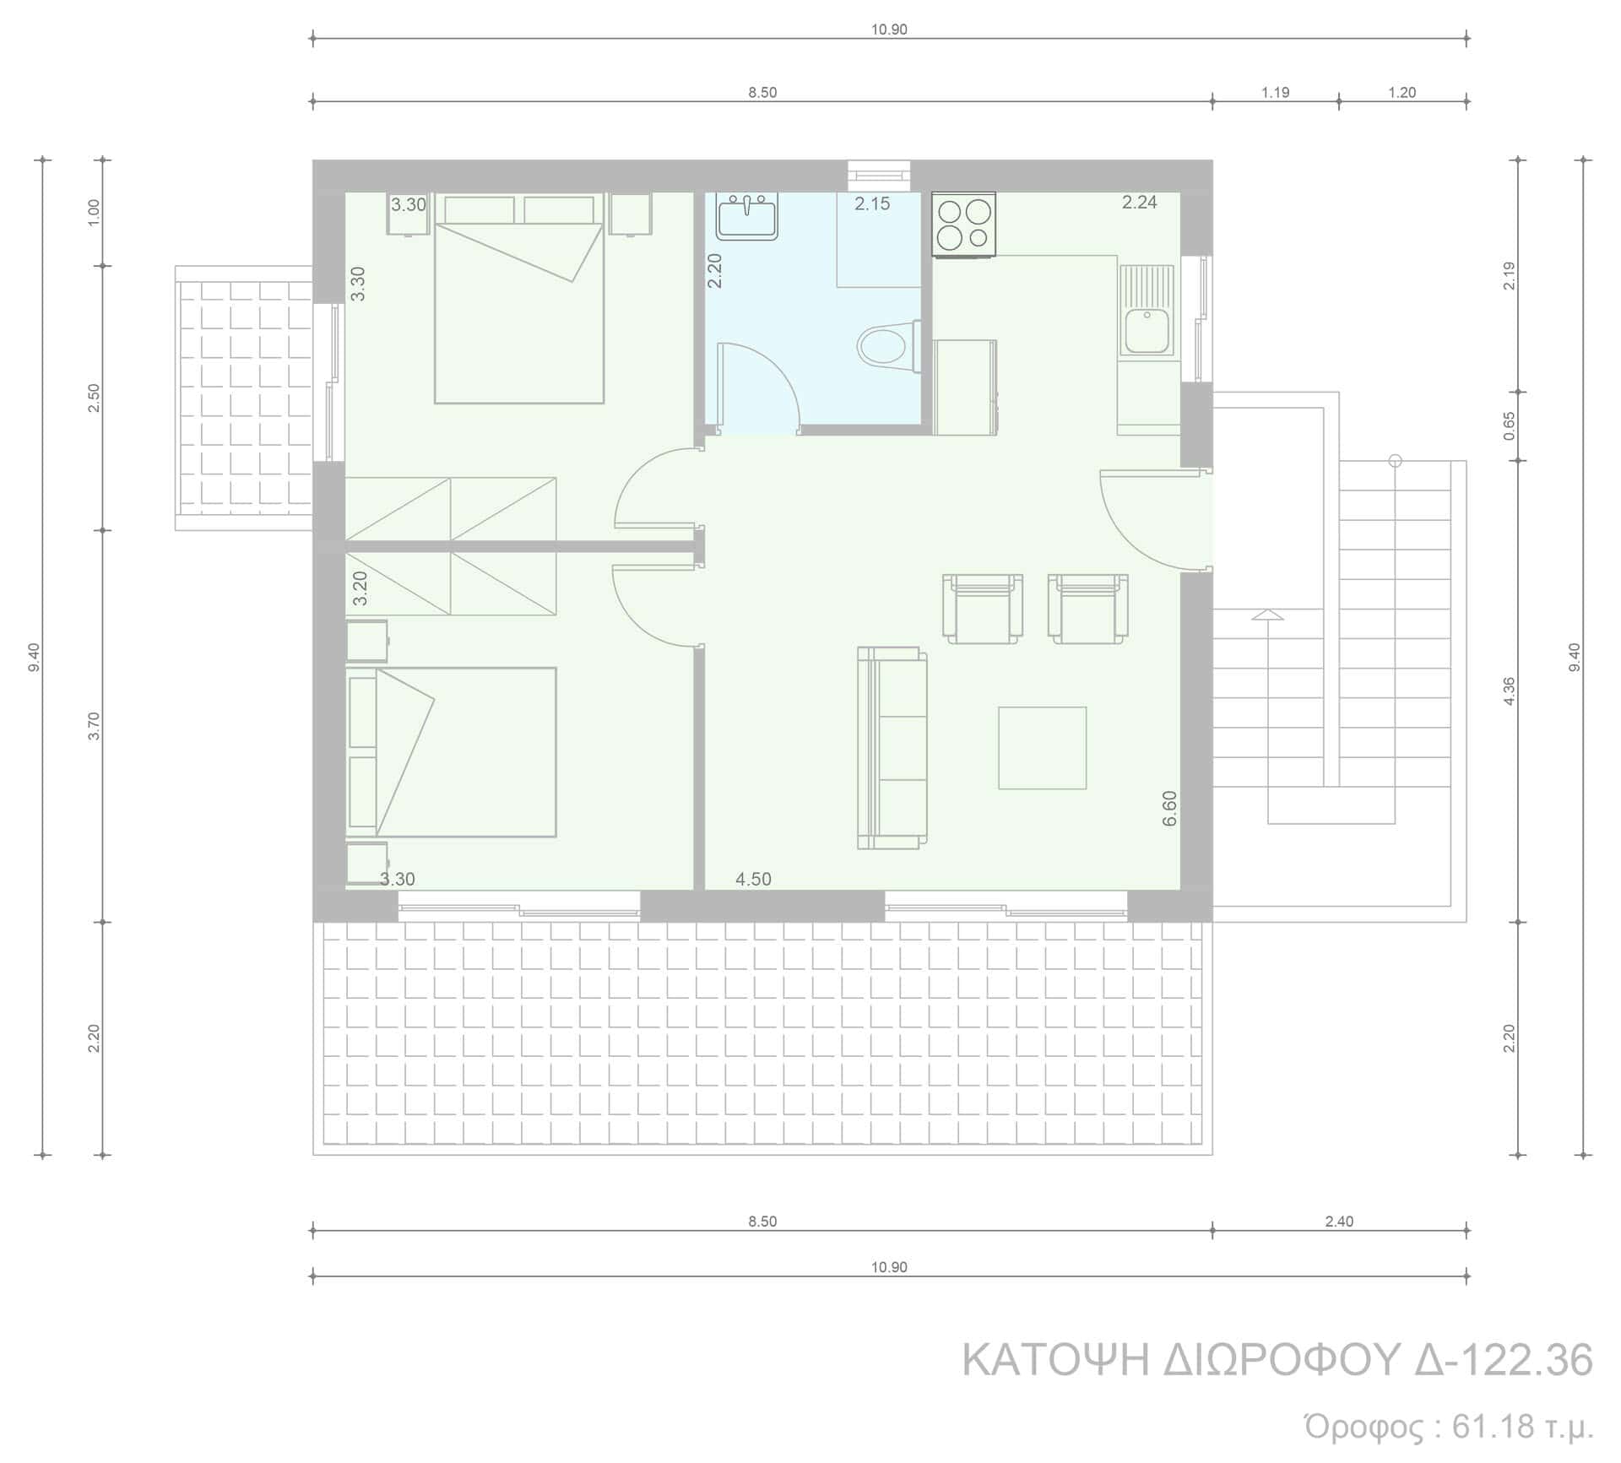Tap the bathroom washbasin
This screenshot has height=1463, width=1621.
[x=747, y=217]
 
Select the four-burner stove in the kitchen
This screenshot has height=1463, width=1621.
[x=963, y=224]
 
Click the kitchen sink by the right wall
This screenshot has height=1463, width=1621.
[x=1146, y=310]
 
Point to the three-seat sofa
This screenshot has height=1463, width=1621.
[x=892, y=748]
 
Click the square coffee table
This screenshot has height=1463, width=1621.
[x=1043, y=748]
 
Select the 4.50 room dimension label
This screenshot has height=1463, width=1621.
[x=753, y=879]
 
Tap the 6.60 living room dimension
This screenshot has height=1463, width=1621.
[x=1169, y=808]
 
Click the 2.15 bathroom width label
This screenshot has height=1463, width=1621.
[x=872, y=203]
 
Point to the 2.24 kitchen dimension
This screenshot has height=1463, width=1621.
[x=1139, y=202]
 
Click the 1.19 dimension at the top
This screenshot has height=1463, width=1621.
[x=1276, y=93]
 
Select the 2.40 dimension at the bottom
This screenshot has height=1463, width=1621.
[x=1340, y=1222]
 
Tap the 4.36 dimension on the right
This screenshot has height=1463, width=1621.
[x=1510, y=691]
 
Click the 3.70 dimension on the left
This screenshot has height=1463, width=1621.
[x=95, y=726]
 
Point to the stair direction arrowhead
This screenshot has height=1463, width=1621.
[x=1267, y=614]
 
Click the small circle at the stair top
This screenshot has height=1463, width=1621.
[x=1395, y=461]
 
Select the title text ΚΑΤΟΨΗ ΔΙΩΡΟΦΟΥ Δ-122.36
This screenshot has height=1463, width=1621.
[x=1277, y=1360]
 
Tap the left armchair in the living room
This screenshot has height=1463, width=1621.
[x=983, y=609]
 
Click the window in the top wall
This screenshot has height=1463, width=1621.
[x=879, y=176]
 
